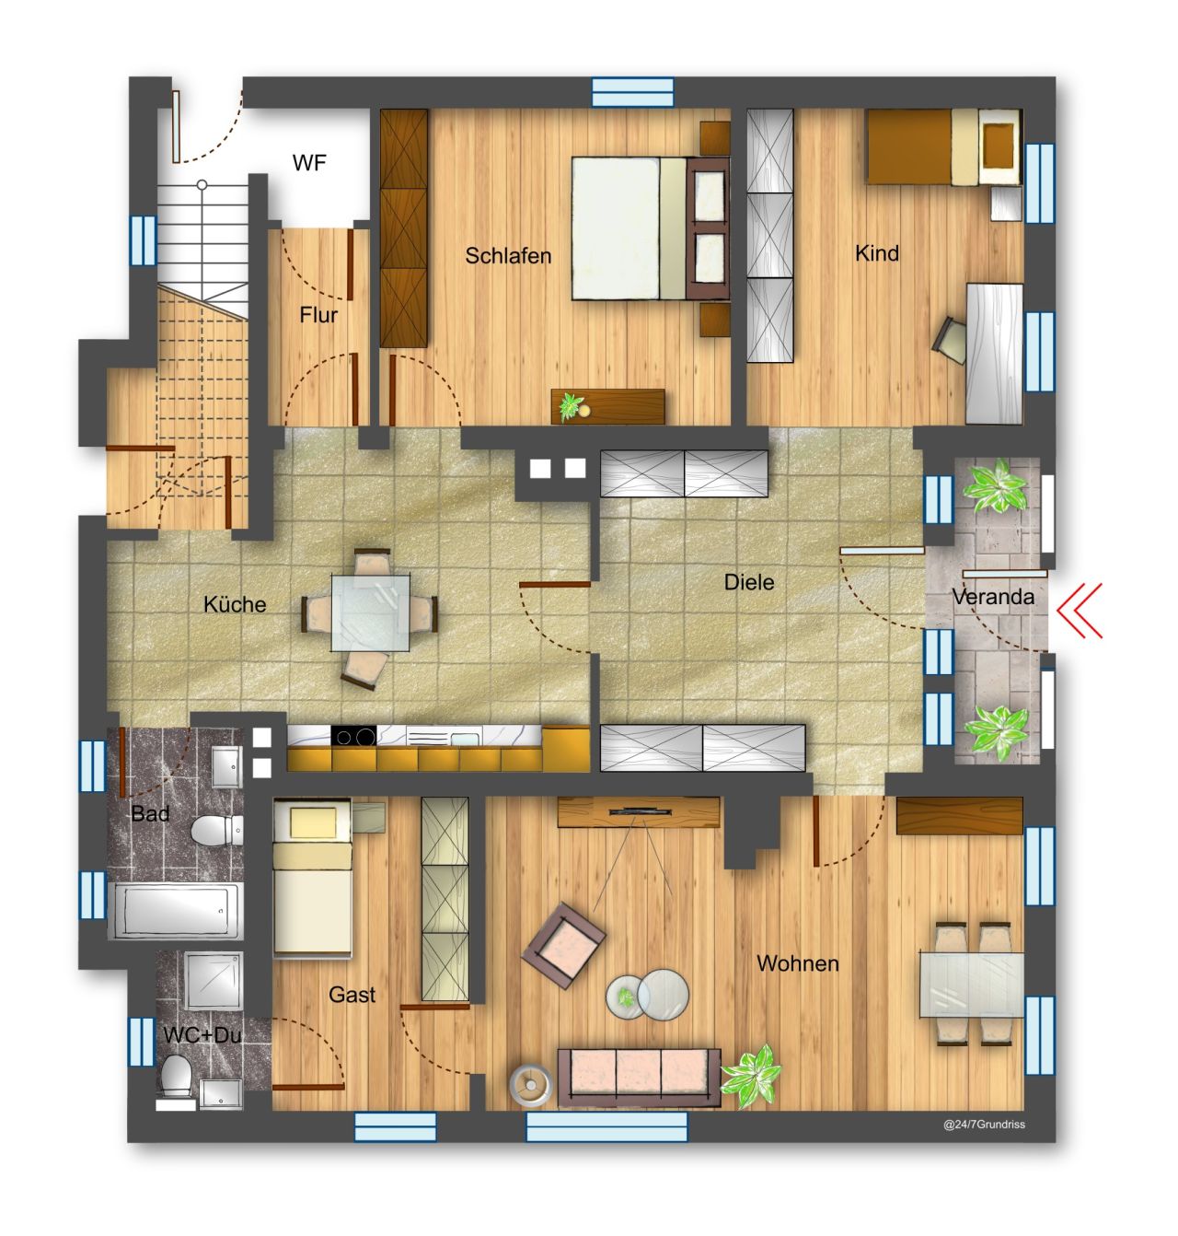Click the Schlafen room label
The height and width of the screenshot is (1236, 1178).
pos(508,255)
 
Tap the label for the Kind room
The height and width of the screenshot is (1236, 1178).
pos(876,252)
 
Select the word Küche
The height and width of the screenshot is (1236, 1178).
pos(235,604)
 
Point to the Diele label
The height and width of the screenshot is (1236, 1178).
pos(749,582)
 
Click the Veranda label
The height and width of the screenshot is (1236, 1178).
pos(993,597)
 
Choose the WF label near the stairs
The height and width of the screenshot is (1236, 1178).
pos(309,163)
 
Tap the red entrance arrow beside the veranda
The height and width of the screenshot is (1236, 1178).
pos(1080,609)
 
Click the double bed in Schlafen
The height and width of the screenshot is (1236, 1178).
pos(630,227)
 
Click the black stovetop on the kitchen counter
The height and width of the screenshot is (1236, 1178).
pos(354,737)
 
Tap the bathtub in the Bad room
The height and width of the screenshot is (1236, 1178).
pos(176,910)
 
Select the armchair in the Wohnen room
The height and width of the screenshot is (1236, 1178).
pos(563,944)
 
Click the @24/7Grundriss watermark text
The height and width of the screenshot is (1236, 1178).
pos(984,1125)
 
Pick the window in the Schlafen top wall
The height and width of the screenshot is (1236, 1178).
pos(633,92)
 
